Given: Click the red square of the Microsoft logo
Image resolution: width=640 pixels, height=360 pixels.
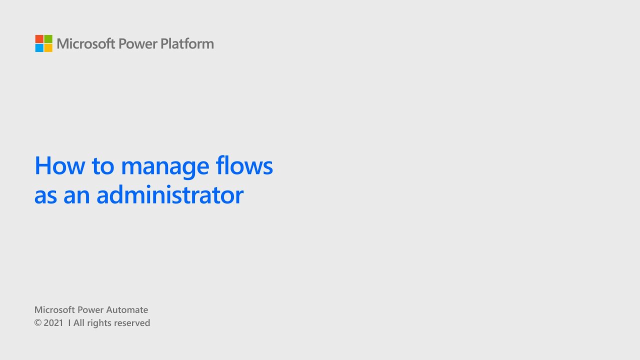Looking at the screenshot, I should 39,39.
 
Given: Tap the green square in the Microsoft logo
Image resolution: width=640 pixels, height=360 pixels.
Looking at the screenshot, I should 48,39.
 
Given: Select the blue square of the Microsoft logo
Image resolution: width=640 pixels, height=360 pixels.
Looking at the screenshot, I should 39,48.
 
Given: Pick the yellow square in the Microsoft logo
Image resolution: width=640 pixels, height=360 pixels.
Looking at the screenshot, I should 48,48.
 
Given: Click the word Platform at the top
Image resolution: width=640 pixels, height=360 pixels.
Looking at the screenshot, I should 187,44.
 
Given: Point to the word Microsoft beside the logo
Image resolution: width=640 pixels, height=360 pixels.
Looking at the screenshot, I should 86,44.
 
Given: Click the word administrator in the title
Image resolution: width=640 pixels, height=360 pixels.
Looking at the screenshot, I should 170,195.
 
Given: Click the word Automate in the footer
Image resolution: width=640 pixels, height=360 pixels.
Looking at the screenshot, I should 127,310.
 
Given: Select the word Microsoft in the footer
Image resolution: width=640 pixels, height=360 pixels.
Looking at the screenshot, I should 54,310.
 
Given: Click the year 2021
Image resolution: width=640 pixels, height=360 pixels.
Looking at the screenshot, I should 53,323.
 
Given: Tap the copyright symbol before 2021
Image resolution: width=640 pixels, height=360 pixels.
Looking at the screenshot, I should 37,323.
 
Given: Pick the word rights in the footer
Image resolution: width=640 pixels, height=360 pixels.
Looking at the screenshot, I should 99,323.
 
